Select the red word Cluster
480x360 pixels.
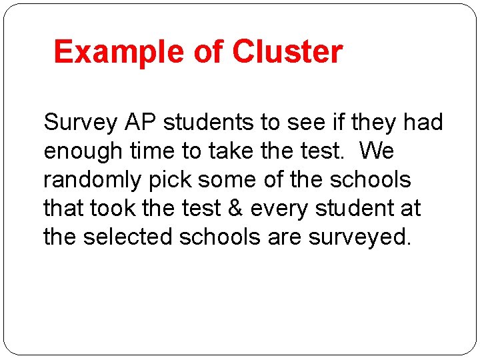click(x=287, y=52)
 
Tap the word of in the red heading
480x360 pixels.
click(x=209, y=52)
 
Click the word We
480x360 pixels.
click(x=377, y=151)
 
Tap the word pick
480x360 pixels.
click(x=175, y=181)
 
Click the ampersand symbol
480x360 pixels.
click(x=235, y=209)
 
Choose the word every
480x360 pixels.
click(x=283, y=209)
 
